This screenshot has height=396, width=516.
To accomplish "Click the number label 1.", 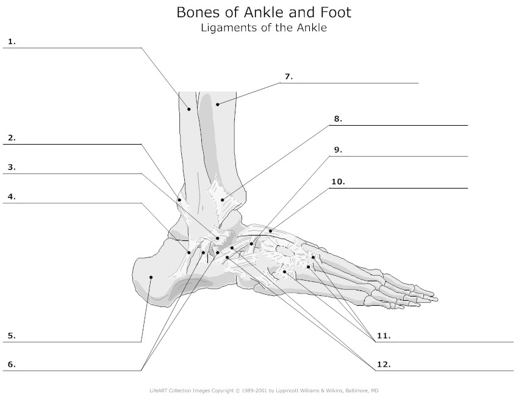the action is (x=12, y=42).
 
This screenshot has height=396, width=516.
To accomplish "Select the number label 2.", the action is (x=12, y=138).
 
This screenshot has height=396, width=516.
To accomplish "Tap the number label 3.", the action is (x=12, y=167).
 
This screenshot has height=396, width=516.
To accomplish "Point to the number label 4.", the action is (x=12, y=196).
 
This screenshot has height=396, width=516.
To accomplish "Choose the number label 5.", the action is (x=12, y=336).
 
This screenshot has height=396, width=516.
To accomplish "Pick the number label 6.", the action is (x=12, y=365).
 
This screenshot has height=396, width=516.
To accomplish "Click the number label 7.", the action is (x=289, y=77).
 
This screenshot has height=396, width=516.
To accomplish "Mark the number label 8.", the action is (x=339, y=119).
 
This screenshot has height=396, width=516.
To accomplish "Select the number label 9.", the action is (x=339, y=150).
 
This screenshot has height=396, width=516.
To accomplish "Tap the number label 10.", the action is (x=339, y=182).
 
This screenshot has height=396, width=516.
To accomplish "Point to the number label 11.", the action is (x=384, y=336).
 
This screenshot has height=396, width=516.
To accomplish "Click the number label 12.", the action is (x=384, y=365).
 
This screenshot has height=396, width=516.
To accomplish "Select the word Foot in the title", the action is (x=334, y=13).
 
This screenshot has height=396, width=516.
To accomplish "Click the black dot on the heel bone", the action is (x=151, y=277).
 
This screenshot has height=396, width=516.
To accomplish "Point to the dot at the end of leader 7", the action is (x=218, y=105).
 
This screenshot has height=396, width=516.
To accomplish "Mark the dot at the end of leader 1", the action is (x=189, y=109).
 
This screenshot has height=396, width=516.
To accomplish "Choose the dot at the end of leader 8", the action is (x=223, y=200).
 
